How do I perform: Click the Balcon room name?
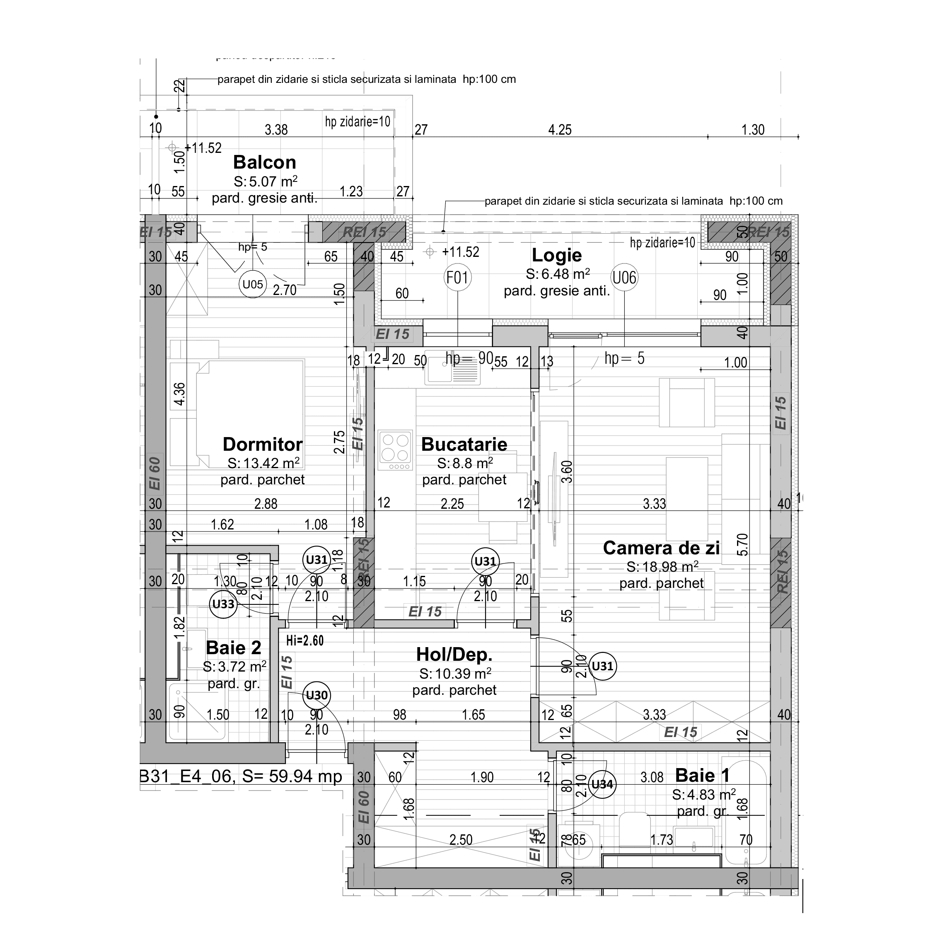264,162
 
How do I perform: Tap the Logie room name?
557,255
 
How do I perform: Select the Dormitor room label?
263,444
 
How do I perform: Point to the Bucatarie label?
464,444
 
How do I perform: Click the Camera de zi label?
661,548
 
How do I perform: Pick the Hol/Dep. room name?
454,655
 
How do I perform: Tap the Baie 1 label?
702,775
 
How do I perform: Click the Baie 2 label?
234,648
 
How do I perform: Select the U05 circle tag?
252,284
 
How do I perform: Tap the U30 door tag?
317,695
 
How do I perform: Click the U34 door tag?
602,785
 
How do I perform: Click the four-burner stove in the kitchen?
395,450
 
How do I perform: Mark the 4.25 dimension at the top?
560,130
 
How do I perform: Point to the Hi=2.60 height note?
305,640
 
